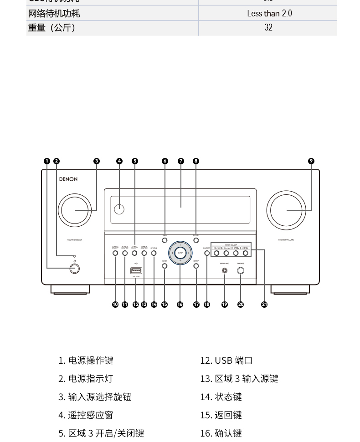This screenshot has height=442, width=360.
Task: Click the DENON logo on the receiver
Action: click(68, 179)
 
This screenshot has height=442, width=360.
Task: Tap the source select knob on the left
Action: click(75, 210)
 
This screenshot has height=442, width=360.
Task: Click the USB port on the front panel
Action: click(136, 271)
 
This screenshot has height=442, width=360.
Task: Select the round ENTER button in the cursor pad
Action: click(180, 253)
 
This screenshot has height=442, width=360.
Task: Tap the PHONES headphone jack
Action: click(241, 271)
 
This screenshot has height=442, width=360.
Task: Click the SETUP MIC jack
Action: click(225, 271)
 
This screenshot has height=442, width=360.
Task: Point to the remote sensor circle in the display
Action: click(119, 209)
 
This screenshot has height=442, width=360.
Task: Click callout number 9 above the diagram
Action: click(311, 161)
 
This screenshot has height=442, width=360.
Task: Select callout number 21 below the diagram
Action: click(264, 305)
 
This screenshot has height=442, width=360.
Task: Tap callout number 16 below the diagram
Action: click(180, 305)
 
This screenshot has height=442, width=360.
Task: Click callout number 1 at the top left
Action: click(47, 161)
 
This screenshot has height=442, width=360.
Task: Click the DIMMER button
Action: click(207, 253)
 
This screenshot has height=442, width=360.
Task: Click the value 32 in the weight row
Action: click(268, 28)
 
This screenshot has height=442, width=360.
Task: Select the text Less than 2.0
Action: click(269, 14)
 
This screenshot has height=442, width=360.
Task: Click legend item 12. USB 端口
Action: click(226, 361)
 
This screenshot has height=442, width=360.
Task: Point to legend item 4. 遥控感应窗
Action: click(86, 415)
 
